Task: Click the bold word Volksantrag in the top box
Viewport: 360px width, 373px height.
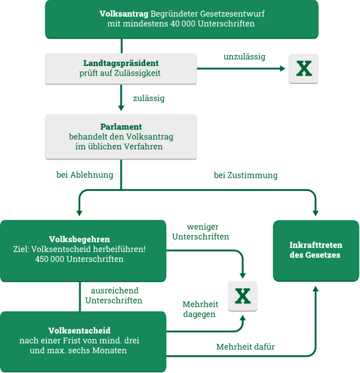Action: click(x=124, y=14)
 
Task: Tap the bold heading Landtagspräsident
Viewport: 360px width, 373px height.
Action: click(x=121, y=63)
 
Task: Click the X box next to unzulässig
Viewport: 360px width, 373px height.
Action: click(x=303, y=68)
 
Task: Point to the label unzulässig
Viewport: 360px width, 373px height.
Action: click(x=244, y=57)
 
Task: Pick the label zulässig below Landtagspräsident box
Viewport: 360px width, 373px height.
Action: click(x=149, y=99)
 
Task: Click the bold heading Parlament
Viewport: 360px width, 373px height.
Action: click(x=121, y=127)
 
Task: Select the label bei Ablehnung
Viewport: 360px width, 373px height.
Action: click(x=85, y=175)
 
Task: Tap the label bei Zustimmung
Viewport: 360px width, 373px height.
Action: click(x=246, y=175)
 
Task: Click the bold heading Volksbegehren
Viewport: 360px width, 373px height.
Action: click(x=79, y=239)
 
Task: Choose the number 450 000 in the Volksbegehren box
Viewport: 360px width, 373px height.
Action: click(x=50, y=259)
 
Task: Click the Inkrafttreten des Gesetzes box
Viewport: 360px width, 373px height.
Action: click(x=316, y=251)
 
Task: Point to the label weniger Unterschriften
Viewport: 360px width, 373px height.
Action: click(x=201, y=232)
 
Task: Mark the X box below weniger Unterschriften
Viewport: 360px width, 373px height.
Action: click(x=243, y=296)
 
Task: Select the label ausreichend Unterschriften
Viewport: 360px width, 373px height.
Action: click(x=114, y=296)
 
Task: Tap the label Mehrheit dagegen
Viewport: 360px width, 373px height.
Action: click(x=200, y=310)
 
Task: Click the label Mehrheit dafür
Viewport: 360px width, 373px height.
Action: click(x=246, y=347)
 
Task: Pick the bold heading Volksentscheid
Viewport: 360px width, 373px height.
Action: click(x=79, y=331)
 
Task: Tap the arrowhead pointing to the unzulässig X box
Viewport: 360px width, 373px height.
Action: click(x=283, y=68)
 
